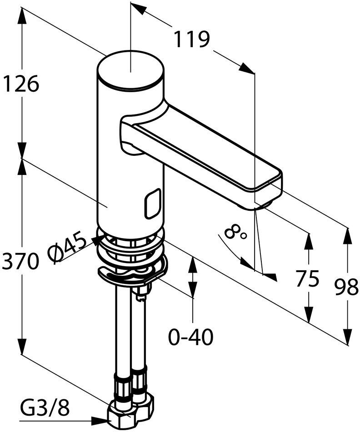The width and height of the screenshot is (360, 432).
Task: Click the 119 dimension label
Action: click(x=192, y=39)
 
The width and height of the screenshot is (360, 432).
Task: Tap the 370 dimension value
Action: click(x=20, y=261)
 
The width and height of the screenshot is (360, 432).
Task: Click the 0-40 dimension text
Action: click(x=191, y=337)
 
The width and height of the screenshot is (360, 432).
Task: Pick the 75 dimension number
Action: click(x=307, y=278)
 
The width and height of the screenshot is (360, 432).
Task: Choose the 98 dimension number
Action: click(x=346, y=287)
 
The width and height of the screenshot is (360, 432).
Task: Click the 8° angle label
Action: click(x=235, y=233)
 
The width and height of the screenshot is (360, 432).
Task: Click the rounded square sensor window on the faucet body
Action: click(x=154, y=204)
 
